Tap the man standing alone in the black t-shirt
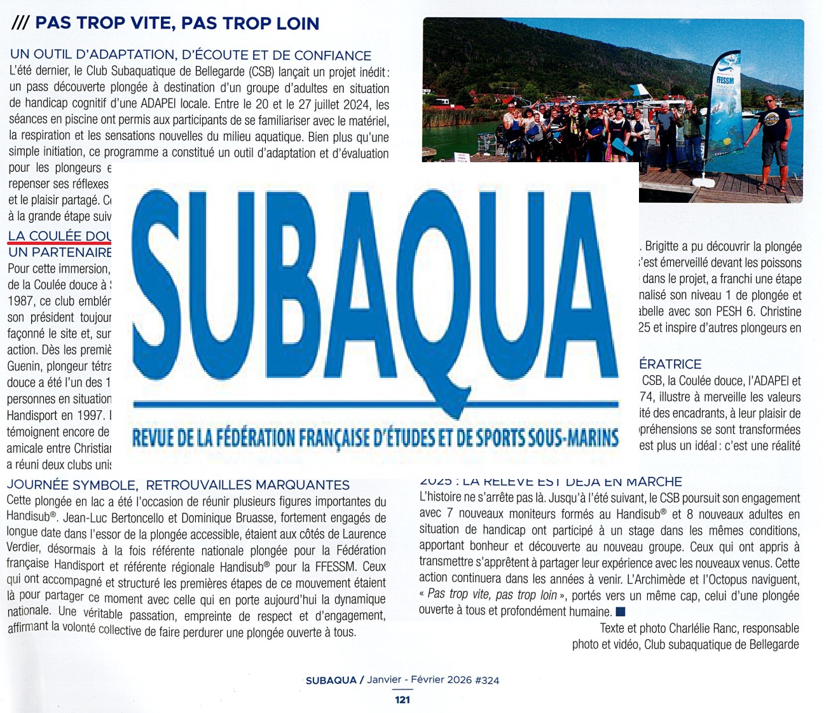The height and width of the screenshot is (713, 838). point(771,140)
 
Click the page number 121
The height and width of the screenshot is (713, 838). point(402,700)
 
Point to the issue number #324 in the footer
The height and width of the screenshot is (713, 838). point(487,680)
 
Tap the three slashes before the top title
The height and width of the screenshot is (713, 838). point(20,24)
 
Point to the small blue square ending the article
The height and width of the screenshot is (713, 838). point(621,612)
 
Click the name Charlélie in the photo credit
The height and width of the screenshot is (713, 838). point(692,628)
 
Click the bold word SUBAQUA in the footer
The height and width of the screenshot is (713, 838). point(331,680)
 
